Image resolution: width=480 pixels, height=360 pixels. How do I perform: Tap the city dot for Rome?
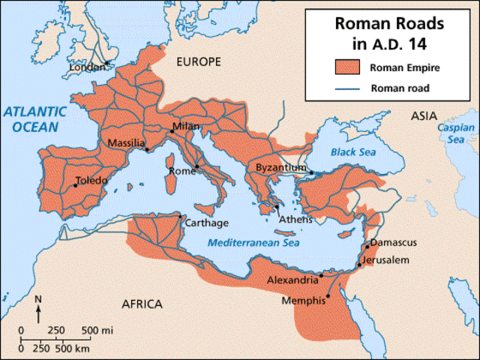[x=196, y=166]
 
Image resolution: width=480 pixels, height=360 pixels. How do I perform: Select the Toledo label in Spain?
[x=92, y=181]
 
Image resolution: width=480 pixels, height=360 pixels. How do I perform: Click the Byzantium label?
[x=280, y=168]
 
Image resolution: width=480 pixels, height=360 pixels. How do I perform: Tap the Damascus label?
[x=393, y=242]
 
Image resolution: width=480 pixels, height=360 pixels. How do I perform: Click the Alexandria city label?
[x=292, y=280]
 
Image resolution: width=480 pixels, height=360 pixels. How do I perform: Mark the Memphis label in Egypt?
[x=303, y=300]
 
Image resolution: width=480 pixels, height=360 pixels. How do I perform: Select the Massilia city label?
[x=125, y=142]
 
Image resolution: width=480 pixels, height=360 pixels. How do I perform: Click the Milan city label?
[x=187, y=126]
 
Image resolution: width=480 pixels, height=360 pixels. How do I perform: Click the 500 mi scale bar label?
[x=97, y=330]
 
